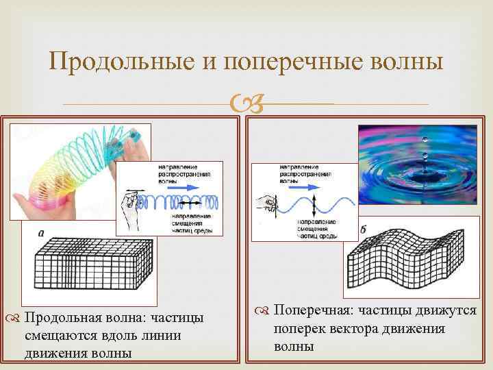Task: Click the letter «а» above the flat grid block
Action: (x=41, y=234)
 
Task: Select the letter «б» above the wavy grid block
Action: (x=362, y=229)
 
